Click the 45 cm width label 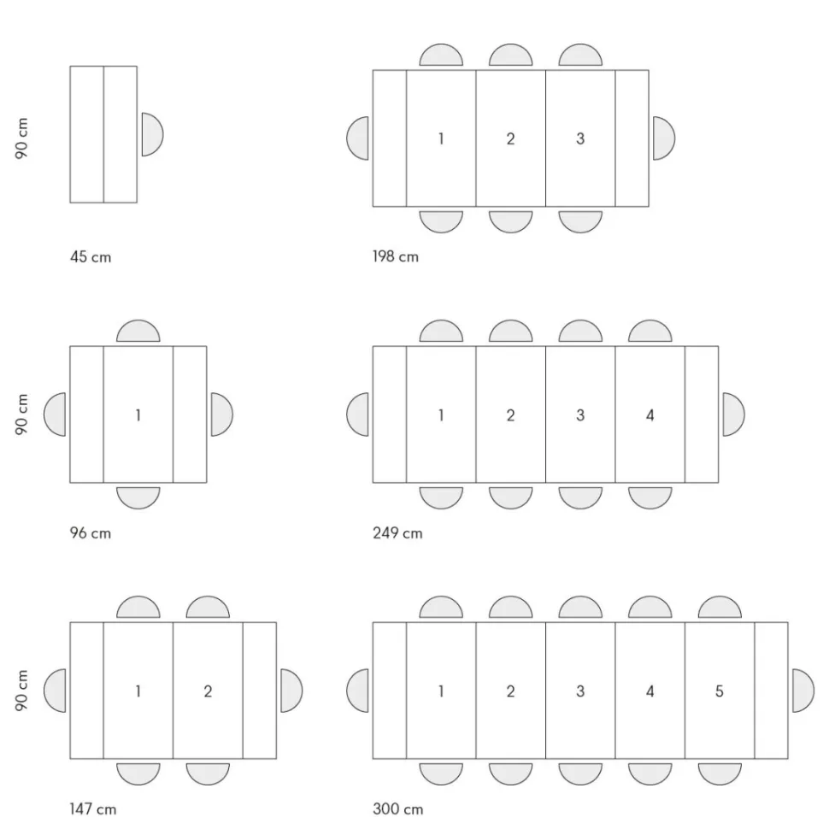(91, 257)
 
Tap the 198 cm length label (396, 256)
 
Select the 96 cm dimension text (91, 533)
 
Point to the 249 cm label (397, 533)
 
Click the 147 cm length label (92, 808)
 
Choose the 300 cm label (398, 808)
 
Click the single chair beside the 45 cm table (152, 134)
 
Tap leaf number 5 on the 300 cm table (720, 691)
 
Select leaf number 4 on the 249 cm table (650, 415)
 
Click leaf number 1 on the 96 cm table (138, 415)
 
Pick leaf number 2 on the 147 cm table (208, 691)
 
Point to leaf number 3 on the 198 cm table (580, 138)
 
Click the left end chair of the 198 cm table (357, 138)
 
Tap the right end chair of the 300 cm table (803, 691)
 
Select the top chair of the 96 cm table (138, 331)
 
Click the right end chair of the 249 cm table (733, 414)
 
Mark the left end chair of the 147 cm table (55, 691)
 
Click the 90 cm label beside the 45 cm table (21, 138)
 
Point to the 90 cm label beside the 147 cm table (21, 691)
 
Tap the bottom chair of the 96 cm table (138, 498)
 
